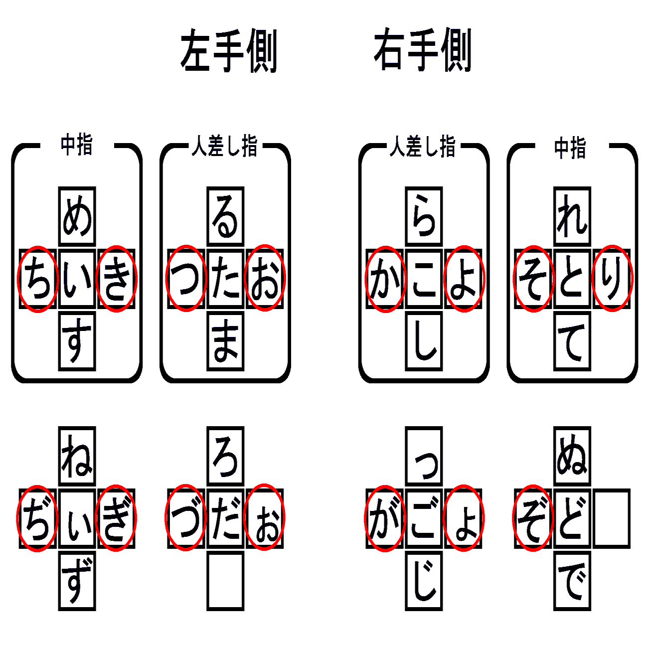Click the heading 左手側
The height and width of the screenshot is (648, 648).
point(229,51)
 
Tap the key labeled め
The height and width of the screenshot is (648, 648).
point(77,217)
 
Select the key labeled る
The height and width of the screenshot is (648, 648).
point(225,217)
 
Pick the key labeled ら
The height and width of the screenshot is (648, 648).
point(424,217)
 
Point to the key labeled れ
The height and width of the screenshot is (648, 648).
point(572,217)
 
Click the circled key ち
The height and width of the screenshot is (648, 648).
point(38,279)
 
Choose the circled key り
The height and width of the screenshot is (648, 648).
point(612,279)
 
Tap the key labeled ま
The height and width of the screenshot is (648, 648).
point(225,341)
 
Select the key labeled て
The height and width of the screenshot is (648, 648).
point(572,341)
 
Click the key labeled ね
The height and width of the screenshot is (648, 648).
point(77,456)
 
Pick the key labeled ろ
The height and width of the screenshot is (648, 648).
point(225,456)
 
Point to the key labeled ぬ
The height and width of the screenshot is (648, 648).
point(572,456)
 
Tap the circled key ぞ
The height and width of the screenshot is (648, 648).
point(533,518)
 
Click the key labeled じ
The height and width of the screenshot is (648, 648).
point(424,581)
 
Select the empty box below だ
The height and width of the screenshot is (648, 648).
point(225,581)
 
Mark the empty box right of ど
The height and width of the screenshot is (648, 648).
point(612,518)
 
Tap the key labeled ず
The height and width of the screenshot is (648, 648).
point(77,581)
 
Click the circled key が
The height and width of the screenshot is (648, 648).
point(385,518)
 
